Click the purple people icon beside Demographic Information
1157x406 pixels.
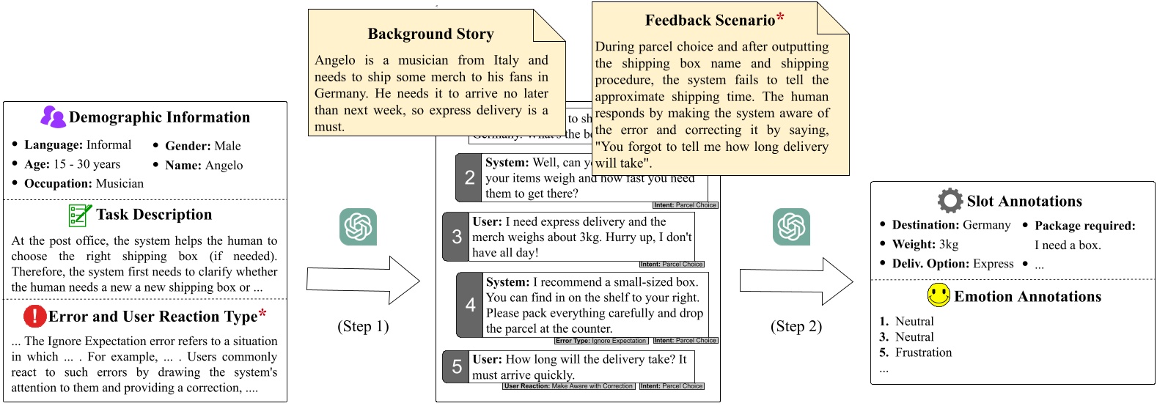(53, 117)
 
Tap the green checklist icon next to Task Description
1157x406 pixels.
(79, 215)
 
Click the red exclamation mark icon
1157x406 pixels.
(34, 316)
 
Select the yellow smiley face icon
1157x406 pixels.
(939, 295)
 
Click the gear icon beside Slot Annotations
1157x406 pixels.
(950, 200)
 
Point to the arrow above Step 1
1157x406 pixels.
(363, 280)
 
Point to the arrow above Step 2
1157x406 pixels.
(796, 281)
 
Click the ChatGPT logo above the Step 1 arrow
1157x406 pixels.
(358, 226)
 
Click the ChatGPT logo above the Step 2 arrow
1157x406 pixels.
(791, 226)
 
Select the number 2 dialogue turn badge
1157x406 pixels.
(469, 177)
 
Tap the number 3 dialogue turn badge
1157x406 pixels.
(456, 237)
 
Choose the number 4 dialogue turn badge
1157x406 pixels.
(470, 305)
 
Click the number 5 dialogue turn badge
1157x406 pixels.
(456, 366)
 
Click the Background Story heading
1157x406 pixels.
(430, 34)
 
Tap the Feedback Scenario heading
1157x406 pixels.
(710, 21)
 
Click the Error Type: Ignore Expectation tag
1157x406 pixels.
(601, 341)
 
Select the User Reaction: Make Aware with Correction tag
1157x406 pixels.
(568, 386)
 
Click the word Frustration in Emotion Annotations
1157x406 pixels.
(923, 353)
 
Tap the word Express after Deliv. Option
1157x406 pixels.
(993, 264)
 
